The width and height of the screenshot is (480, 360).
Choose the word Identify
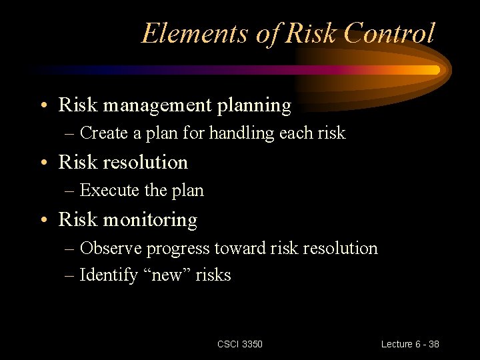(x=109, y=275)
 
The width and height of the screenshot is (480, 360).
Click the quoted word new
(x=167, y=275)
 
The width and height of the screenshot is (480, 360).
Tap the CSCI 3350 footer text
(x=240, y=344)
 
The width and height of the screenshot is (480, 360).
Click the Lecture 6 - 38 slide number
(x=409, y=344)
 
